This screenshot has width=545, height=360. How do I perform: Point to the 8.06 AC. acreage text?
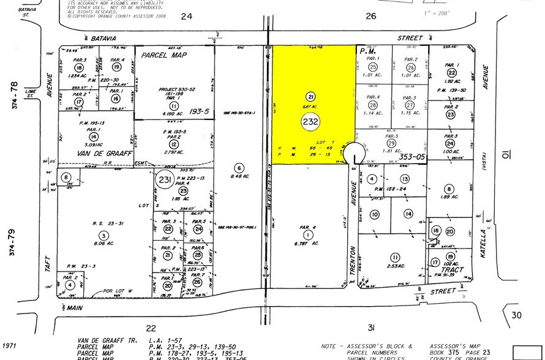click(104, 242)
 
